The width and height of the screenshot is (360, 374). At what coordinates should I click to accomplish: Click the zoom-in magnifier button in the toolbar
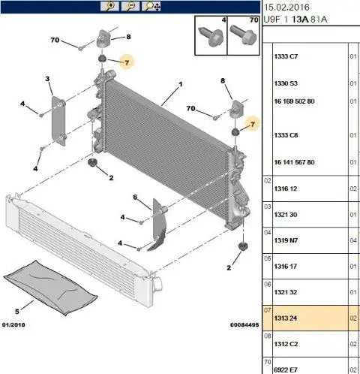coord(109,6)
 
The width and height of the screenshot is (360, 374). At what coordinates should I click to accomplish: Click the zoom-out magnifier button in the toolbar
coord(130,6)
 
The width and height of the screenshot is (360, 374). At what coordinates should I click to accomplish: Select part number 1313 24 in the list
coord(286,318)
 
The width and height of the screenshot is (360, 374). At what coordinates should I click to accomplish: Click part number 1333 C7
coord(286,56)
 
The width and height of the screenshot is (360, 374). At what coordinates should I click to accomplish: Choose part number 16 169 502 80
coord(294,101)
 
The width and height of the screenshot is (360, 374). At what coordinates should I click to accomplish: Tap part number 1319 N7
coord(286,240)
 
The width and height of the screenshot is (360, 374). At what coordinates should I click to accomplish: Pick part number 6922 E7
coord(286,369)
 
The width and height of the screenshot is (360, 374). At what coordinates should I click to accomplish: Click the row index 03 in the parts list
coord(268,207)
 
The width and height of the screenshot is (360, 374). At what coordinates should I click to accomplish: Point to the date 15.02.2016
coord(286,8)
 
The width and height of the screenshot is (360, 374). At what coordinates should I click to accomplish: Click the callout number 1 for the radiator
coord(181,84)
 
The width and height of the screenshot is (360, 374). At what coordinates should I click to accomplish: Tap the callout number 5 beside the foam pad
coord(17,312)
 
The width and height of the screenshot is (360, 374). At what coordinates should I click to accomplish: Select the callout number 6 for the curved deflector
coord(135,198)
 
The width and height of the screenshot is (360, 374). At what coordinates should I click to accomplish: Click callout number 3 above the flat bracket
coord(47,79)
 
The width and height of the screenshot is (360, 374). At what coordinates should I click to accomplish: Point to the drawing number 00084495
coord(244,325)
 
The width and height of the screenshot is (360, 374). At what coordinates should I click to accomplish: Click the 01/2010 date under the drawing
coord(13,325)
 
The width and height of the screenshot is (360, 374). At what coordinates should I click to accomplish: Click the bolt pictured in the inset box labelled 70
coord(243,35)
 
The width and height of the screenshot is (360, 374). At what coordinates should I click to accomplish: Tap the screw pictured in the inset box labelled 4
coord(211,37)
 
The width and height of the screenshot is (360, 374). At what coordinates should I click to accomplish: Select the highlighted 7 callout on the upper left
coord(127,62)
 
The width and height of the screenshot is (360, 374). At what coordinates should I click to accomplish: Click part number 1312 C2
coord(286,344)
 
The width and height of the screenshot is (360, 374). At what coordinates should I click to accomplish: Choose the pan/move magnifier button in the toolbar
coord(151,6)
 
